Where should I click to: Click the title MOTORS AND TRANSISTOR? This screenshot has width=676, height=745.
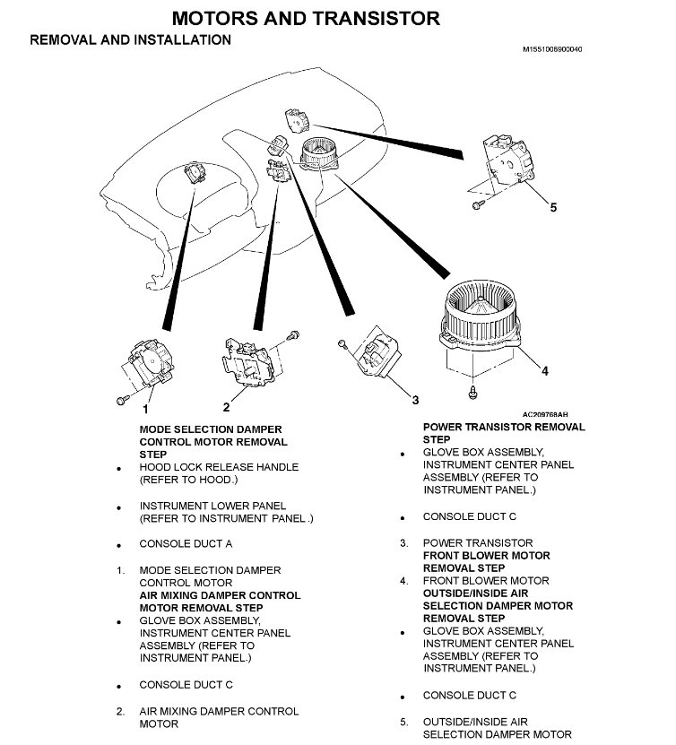(x=305, y=18)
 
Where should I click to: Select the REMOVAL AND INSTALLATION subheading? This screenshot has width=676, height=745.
(x=130, y=40)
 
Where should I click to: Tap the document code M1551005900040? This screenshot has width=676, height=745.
(x=551, y=49)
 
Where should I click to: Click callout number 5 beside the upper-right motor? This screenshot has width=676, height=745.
(x=553, y=207)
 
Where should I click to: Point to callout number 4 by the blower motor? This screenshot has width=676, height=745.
(x=544, y=370)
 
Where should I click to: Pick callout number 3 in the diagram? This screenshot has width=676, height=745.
(x=415, y=398)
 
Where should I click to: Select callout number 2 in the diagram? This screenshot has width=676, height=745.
(x=226, y=407)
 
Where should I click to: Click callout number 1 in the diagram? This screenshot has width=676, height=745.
(x=145, y=409)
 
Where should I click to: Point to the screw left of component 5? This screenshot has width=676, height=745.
(x=475, y=207)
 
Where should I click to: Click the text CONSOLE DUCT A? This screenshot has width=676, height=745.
(x=186, y=544)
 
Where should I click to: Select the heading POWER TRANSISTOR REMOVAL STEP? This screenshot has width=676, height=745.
(x=503, y=433)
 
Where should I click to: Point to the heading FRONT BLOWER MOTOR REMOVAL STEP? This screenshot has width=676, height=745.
(x=486, y=561)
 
